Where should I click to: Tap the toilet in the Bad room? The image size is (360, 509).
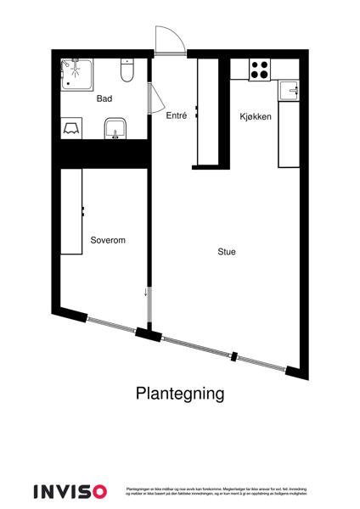127,70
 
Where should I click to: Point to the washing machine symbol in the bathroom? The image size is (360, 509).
72,127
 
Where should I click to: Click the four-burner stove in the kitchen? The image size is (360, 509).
259,70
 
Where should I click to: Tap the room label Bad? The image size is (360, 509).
104,99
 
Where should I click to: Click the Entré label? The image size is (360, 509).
176,115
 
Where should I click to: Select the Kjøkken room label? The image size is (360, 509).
255,117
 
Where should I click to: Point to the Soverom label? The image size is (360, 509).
108,241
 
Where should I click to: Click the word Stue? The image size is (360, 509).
227,252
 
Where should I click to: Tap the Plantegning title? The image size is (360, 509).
180,394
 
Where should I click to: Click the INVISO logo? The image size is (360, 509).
70,491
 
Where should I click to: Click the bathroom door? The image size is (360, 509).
155,99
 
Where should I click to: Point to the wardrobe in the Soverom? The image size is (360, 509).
71,211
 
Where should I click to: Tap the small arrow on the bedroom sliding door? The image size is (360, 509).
146,293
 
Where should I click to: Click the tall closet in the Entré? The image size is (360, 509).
208,111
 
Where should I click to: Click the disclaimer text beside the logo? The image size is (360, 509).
216,491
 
